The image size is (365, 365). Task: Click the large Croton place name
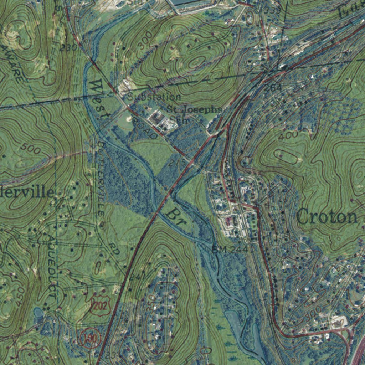click(x=327, y=216)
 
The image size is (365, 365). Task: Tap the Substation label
click(x=154, y=97)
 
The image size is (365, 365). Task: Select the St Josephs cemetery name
click(x=194, y=109)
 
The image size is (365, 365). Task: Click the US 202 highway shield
click(x=100, y=305)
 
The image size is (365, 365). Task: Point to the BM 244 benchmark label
click(x=230, y=249)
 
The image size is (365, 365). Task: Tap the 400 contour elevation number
click(x=288, y=136)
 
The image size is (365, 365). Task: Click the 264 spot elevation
click(x=273, y=87)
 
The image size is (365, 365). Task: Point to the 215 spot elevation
click(x=177, y=163)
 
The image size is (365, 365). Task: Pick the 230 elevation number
click(x=68, y=47)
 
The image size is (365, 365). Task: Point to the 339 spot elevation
click(x=273, y=10)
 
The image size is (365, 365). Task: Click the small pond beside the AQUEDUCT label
click(x=38, y=314)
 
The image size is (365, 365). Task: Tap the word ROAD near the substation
click(x=145, y=129)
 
